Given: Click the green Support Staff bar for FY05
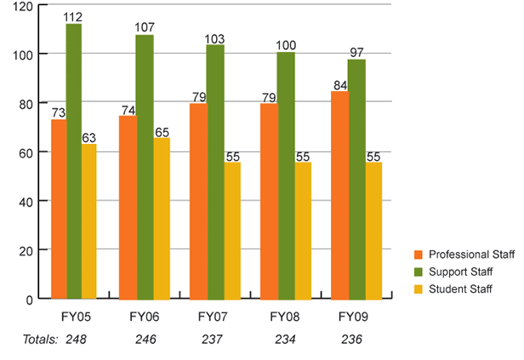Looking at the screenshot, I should pyautogui.click(x=74, y=162).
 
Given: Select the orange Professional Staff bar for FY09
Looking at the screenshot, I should pyautogui.click(x=339, y=195).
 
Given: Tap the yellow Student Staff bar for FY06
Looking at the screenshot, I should pyautogui.click(x=162, y=219).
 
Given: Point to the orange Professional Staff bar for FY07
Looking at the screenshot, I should pyautogui.click(x=197, y=202).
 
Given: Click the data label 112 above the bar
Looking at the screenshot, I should pyautogui.click(x=75, y=17).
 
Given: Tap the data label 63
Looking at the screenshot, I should pyautogui.click(x=89, y=137).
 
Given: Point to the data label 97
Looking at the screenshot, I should pyautogui.click(x=356, y=53).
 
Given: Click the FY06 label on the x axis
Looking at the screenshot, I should pyautogui.click(x=144, y=317).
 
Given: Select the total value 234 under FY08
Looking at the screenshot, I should pyautogui.click(x=286, y=339).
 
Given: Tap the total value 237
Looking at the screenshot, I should pyautogui.click(x=215, y=339).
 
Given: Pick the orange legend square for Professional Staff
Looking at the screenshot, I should pyautogui.click(x=418, y=254).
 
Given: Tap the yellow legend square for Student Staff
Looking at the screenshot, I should pyautogui.click(x=418, y=289).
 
